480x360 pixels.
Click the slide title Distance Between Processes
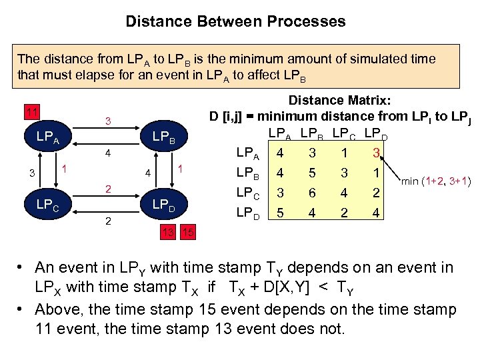(x=236, y=21)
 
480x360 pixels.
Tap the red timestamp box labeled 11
(x=31, y=111)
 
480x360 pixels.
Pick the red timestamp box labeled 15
(x=187, y=231)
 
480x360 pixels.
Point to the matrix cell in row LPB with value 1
(x=377, y=173)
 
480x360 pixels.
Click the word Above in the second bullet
(x=55, y=310)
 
